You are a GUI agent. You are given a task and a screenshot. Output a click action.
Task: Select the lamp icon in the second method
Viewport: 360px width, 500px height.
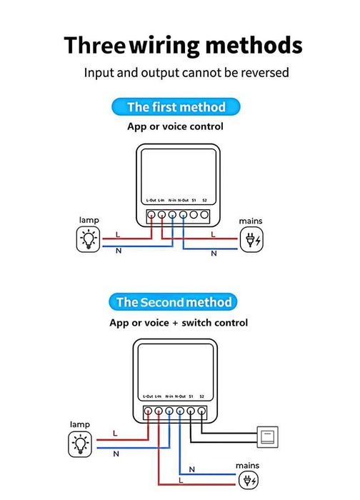click(80, 444)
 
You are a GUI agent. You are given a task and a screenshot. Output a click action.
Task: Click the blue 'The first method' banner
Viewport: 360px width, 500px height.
click(176, 108)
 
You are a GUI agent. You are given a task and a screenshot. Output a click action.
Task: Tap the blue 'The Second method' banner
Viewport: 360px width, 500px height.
click(174, 302)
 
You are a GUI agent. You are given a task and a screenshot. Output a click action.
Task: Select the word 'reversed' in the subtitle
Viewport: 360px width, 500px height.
click(265, 72)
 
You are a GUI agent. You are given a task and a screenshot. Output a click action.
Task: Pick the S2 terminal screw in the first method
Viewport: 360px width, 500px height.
click(204, 214)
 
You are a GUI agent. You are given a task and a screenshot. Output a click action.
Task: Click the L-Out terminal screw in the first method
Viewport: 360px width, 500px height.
click(151, 214)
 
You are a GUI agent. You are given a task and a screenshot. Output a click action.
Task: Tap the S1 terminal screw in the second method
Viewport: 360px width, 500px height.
click(191, 411)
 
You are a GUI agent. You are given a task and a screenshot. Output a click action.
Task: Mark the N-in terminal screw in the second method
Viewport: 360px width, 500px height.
click(169, 411)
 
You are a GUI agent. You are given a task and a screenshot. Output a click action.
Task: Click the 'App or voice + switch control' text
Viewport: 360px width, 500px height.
click(179, 323)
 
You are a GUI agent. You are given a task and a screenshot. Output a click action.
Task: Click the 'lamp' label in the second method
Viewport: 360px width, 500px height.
click(79, 424)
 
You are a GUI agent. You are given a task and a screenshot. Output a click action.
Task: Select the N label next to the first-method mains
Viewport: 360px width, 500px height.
click(213, 253)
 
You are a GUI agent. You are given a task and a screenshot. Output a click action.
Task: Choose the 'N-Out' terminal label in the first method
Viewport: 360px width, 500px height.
click(183, 201)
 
